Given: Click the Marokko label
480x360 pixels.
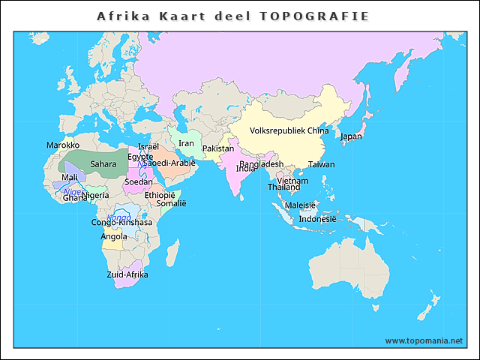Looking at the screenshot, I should point(63,145).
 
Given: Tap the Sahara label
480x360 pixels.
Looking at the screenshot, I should point(103,163).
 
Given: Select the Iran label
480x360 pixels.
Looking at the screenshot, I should point(186,143).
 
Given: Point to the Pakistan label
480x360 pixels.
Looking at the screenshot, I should point(218,148).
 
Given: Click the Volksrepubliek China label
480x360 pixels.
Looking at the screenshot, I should point(289,130).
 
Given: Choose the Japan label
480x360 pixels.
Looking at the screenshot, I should point(351,136).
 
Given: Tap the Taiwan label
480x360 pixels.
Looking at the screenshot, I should point(322,164).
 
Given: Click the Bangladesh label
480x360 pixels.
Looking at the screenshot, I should point(262,164).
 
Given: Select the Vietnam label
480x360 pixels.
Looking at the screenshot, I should point(292,181).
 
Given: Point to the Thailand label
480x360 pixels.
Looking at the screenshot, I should point(283,187).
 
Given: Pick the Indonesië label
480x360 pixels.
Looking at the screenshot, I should point(317,219).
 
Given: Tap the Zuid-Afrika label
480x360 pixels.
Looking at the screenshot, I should point(127,274).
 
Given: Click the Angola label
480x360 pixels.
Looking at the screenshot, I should point(114,236).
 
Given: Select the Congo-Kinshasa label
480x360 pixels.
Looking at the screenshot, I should point(121,223).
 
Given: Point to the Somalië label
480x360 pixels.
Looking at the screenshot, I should point(171,203).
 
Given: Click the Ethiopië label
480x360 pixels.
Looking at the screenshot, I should point(160,195).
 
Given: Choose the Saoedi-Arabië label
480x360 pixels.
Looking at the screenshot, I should point(169,163).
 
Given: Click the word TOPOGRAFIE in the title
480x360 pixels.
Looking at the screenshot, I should point(314,16).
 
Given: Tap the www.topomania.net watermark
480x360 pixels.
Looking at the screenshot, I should point(424,340).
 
